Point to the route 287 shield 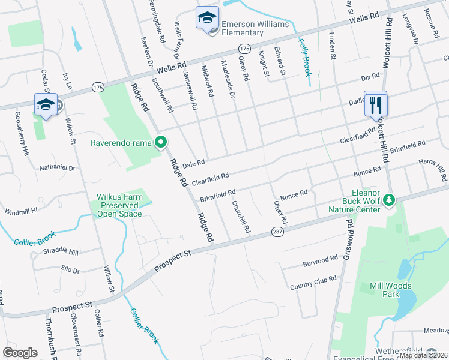tap(277, 232)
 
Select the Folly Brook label tap(305, 57)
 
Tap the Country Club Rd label tap(313, 283)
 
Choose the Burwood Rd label tap(321, 261)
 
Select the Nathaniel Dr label tap(58, 169)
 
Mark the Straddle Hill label tap(61, 252)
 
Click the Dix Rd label tap(370, 77)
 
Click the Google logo tap(20, 353)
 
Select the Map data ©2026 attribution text tap(423, 355)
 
